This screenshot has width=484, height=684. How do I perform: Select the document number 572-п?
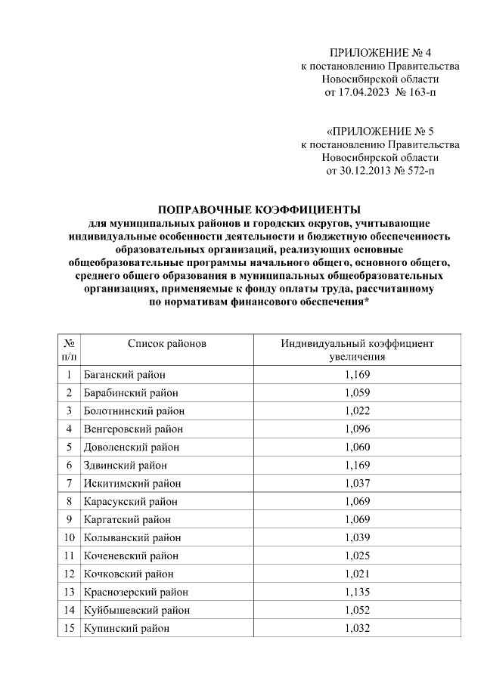420,171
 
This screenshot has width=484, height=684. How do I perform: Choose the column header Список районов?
166,343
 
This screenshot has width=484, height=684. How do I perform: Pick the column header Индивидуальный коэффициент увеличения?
357,350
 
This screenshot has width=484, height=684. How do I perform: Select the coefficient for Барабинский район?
357,393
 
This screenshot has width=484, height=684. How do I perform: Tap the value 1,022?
357,411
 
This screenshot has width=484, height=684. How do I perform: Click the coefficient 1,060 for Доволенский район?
357,447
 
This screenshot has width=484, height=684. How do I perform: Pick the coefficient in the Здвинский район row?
357,466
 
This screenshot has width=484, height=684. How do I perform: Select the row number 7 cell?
68,484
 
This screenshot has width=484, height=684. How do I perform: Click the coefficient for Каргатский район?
357,520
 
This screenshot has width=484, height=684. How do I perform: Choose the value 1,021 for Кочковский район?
357,574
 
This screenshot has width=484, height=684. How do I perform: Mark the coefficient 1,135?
357,592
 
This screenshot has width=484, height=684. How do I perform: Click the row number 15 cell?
68,628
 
